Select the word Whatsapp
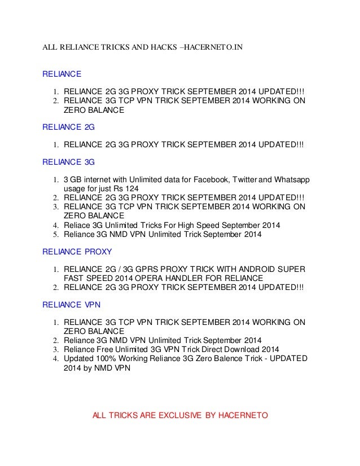coord(291,180)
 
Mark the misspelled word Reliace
coord(77,225)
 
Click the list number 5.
coord(56,234)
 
